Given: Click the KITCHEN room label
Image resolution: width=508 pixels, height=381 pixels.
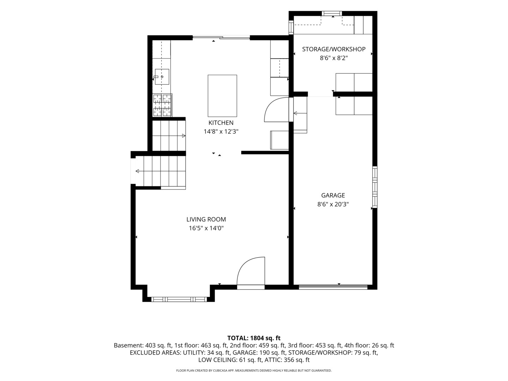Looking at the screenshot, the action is click(221, 123).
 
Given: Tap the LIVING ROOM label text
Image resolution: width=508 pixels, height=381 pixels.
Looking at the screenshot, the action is click(206, 219).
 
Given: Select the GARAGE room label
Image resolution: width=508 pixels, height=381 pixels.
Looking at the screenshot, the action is click(333, 195).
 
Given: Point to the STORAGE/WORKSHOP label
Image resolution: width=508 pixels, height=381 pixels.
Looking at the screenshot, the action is click(334, 49).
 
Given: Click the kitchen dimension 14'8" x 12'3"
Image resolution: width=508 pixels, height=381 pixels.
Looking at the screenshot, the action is click(221, 132).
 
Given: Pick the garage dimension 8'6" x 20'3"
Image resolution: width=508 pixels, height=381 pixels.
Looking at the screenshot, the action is click(333, 204).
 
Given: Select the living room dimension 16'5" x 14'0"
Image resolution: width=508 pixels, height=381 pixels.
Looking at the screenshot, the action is click(206, 228).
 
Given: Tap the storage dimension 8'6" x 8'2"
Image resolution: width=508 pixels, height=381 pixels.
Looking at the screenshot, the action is click(334, 58).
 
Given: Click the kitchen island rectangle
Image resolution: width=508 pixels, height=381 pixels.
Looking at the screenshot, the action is click(222, 96).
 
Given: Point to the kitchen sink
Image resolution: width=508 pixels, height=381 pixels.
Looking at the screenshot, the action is click(162, 77).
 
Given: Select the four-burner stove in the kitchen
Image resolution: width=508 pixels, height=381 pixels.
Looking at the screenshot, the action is click(162, 105).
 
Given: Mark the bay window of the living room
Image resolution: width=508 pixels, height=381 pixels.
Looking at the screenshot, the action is click(179, 300).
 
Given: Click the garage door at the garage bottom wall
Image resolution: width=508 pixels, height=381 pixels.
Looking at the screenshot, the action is click(333, 287).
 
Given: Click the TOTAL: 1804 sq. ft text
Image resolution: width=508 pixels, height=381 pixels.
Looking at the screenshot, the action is click(254, 338).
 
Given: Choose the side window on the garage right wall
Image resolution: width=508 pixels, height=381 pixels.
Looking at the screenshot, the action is click(375, 187).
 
